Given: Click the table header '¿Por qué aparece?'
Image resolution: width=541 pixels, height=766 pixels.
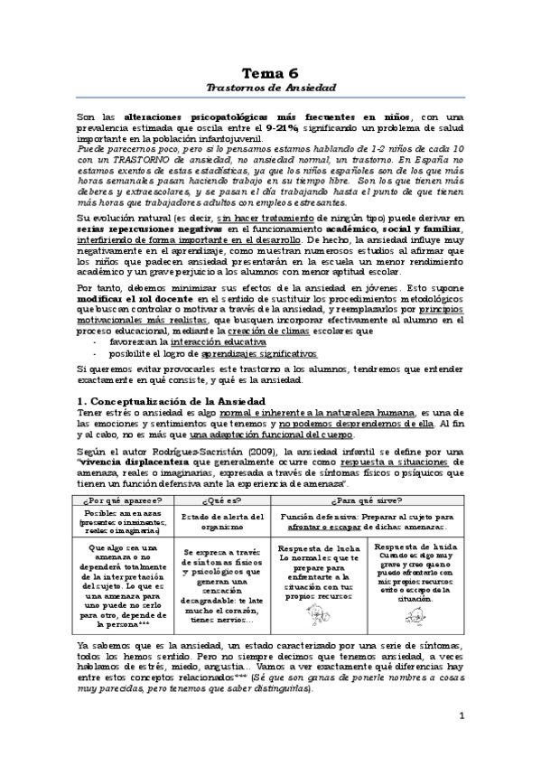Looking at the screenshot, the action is (122, 500).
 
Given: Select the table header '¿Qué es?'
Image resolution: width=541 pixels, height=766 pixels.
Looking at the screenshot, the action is (220, 500).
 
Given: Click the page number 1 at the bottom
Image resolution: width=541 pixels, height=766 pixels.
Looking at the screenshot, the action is (461, 742).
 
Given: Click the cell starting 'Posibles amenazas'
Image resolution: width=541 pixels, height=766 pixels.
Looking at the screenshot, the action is (122, 520).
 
